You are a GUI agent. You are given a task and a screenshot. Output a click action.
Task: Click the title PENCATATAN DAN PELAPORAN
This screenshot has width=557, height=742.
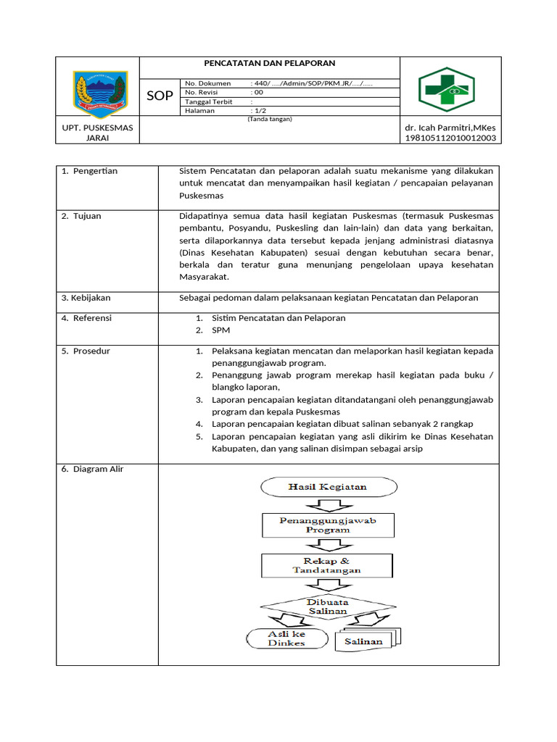(269, 64)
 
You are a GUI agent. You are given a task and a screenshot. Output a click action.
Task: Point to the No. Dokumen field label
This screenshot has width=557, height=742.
(207, 83)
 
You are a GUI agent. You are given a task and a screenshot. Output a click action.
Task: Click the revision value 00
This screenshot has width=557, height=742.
(257, 93)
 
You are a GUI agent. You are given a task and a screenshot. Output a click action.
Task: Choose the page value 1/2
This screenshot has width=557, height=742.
(260, 111)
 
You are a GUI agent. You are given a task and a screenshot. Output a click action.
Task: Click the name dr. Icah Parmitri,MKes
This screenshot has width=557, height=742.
(450, 128)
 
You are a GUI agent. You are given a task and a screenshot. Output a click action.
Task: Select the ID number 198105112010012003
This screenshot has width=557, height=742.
(450, 138)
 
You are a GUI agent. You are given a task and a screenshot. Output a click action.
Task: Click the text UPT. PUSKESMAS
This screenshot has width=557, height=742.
(98, 128)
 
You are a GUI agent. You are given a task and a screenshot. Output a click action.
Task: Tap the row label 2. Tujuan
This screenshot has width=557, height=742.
(81, 216)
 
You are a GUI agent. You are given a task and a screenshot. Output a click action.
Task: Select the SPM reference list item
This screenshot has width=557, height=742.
(220, 330)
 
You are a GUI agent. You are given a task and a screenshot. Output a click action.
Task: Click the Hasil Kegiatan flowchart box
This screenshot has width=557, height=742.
(327, 487)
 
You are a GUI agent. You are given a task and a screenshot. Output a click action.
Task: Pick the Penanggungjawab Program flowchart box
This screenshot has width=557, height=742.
(327, 525)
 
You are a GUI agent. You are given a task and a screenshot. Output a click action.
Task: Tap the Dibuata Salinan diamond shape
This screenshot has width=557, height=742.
(328, 606)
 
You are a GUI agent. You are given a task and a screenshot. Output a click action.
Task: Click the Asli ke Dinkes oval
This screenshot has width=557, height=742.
(286, 638)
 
